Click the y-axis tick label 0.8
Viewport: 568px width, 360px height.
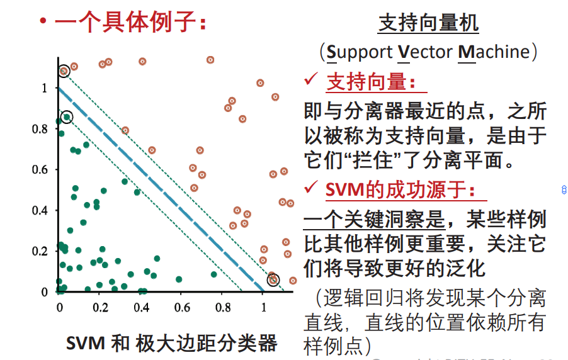pyautogui.click(x=39, y=129)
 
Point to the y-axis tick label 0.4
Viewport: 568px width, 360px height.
pyautogui.click(x=39, y=210)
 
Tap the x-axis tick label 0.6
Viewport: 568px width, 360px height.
pyautogui.click(x=182, y=308)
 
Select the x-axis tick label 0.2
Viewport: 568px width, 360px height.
pyautogui.click(x=100, y=308)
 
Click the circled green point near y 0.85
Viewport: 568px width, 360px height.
pyautogui.click(x=67, y=117)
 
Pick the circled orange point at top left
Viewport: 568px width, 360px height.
pyautogui.click(x=63, y=71)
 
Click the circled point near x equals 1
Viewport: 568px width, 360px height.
pyautogui.click(x=273, y=279)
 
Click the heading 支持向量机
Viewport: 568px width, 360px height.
pyautogui.click(x=428, y=23)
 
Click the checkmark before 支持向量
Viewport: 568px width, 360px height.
pyautogui.click(x=311, y=80)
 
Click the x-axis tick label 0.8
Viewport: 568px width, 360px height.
pyautogui.click(x=222, y=308)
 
